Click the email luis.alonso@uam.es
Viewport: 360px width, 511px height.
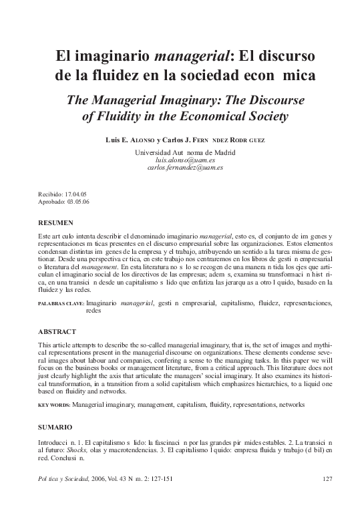click(180, 161)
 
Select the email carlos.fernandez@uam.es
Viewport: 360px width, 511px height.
click(180, 168)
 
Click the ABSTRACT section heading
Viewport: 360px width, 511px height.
click(57, 332)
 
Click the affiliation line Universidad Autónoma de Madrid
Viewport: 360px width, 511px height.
click(180, 152)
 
